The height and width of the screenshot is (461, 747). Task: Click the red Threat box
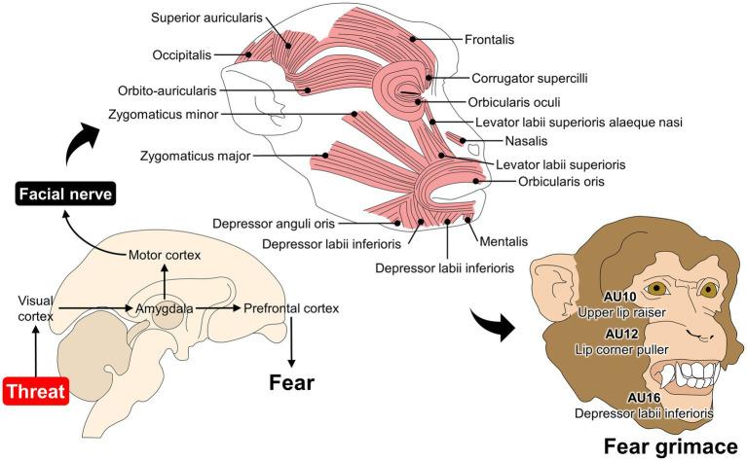(x=35, y=392)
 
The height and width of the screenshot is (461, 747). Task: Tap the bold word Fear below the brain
(x=289, y=381)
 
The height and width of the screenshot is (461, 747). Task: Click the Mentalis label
(x=499, y=233)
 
